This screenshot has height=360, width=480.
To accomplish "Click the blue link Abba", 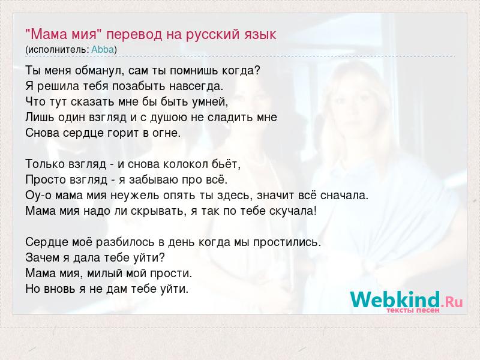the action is (x=103, y=50).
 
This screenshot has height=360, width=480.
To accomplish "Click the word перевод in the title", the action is (x=134, y=35).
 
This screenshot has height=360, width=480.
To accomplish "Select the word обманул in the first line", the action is (x=99, y=71).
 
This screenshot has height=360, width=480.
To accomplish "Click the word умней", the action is (x=209, y=102).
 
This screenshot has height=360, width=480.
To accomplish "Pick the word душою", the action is (x=167, y=118).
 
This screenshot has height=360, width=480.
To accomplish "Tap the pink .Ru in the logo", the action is (x=452, y=302).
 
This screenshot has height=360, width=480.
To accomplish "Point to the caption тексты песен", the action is (x=413, y=310).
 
